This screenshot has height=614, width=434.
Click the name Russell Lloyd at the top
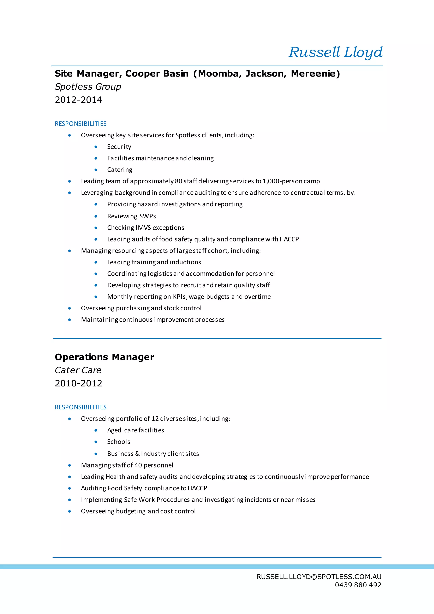coord(335,52)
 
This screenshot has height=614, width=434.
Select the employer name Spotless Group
coord(88,87)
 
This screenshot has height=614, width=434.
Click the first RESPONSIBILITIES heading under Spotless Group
coord(81,124)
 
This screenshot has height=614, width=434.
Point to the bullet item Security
coord(119,147)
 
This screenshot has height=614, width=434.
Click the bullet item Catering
coord(120,170)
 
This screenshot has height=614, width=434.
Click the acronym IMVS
coord(143,227)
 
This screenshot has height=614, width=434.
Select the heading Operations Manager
coord(104,357)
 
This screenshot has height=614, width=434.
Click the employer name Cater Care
coord(78,370)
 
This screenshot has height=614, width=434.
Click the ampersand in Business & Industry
coord(137,454)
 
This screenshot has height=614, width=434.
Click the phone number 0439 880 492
coord(358,585)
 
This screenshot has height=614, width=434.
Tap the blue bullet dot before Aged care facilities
coord(96,430)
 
